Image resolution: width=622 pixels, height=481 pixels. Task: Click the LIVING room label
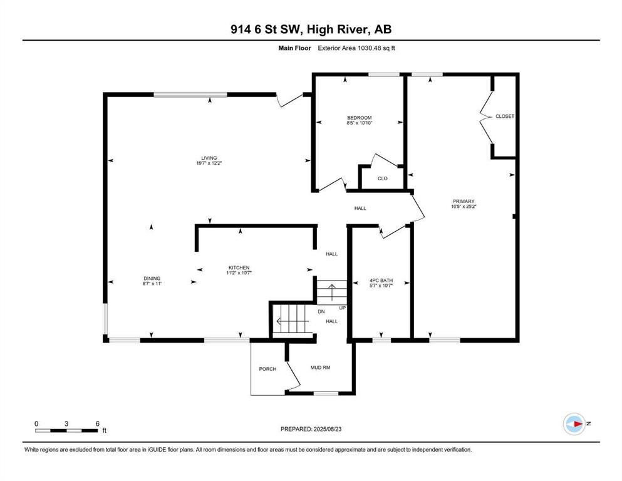pyautogui.click(x=209, y=158)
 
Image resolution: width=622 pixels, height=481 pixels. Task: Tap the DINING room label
pyautogui.click(x=152, y=278)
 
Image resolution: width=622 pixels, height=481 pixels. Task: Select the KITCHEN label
pyautogui.click(x=239, y=267)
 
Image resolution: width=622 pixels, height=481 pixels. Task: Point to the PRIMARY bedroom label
pyautogui.click(x=464, y=202)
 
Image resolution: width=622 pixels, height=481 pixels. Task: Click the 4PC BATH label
pyautogui.click(x=381, y=281)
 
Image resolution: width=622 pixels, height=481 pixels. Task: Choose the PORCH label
pyautogui.click(x=267, y=369)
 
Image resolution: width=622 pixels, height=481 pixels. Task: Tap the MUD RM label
pyautogui.click(x=320, y=368)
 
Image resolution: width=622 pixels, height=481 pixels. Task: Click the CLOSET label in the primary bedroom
pyautogui.click(x=505, y=116)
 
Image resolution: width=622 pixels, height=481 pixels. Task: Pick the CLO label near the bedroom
pyautogui.click(x=382, y=178)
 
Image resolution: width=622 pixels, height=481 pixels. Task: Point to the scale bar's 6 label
pyautogui.click(x=98, y=423)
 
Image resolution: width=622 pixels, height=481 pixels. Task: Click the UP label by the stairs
pyautogui.click(x=343, y=308)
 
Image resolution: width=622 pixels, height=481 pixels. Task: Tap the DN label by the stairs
pyautogui.click(x=321, y=312)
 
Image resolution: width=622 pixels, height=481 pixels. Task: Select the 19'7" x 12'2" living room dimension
pyautogui.click(x=209, y=163)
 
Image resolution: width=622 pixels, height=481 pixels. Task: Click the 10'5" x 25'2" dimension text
pyautogui.click(x=464, y=207)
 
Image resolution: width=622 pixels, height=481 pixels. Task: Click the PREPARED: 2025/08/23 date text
pyautogui.click(x=311, y=429)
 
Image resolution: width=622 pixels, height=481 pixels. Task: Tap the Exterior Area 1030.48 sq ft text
pyautogui.click(x=356, y=48)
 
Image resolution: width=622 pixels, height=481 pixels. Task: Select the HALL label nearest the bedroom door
pyautogui.click(x=360, y=208)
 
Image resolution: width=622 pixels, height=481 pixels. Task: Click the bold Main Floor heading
pyautogui.click(x=294, y=48)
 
